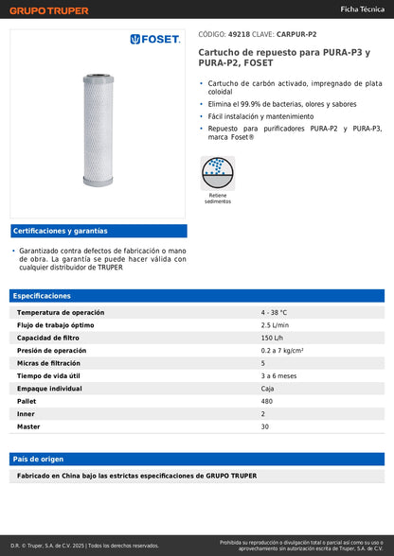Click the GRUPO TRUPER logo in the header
(x=49, y=10)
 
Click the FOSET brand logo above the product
(x=154, y=39)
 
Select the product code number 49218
(x=240, y=33)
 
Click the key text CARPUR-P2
(x=296, y=33)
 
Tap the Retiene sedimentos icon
(x=218, y=174)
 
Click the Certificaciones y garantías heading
(x=60, y=231)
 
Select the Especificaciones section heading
(x=42, y=296)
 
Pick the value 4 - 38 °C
(x=274, y=312)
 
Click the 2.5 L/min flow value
(x=276, y=324)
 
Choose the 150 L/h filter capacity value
(x=272, y=338)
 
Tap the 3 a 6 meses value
(x=279, y=375)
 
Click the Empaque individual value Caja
(x=268, y=389)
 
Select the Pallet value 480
(x=267, y=401)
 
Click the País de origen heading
(x=40, y=459)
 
